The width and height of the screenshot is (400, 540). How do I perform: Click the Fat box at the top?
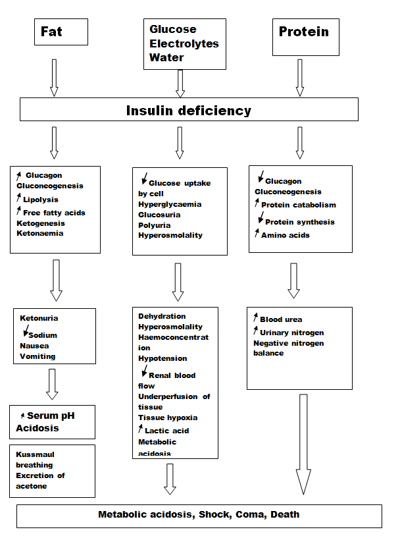coord(61,32)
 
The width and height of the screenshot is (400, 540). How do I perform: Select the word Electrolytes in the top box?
coord(184,43)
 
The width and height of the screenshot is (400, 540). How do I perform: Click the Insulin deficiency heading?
coord(189,111)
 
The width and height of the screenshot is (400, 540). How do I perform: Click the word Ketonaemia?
coord(40,233)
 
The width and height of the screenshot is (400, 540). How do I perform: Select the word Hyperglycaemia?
coord(170,204)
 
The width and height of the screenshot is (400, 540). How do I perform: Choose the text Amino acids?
coord(286,235)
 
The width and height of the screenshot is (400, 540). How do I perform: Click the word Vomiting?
coord(37,356)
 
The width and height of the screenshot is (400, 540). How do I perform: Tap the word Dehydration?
coord(162,316)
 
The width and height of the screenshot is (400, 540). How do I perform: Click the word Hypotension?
coord(162,358)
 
